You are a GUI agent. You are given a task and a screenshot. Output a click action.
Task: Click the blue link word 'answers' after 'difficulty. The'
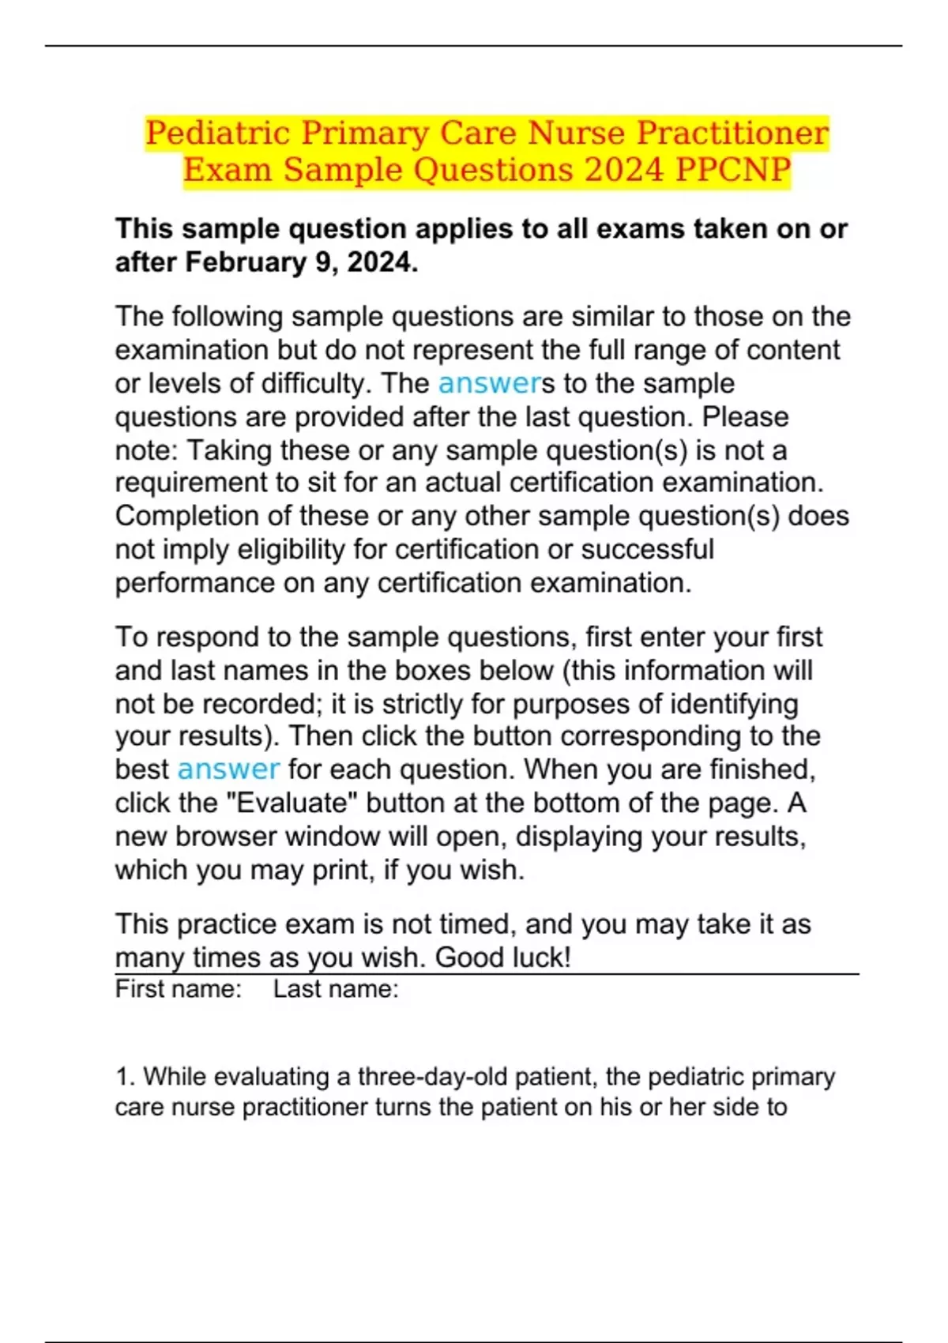[x=490, y=383]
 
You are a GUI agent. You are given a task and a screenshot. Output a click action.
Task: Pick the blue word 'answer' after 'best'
[x=228, y=769]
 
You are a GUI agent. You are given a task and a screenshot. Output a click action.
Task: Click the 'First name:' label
[x=178, y=989]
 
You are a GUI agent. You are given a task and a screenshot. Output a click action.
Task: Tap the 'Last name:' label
[x=336, y=989]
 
